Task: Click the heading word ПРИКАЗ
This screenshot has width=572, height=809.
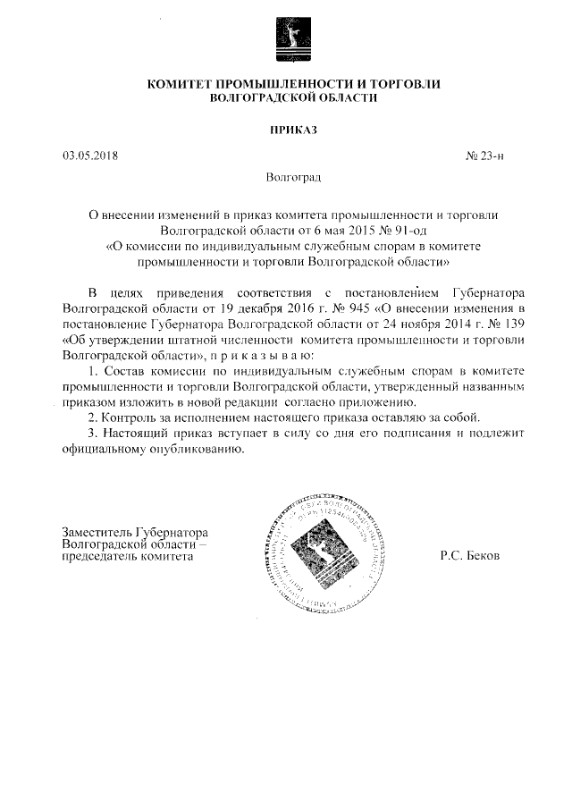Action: [287, 131]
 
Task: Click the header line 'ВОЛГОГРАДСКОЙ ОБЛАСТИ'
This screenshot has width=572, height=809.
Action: [287, 97]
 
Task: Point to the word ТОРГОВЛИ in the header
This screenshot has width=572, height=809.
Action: [408, 83]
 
